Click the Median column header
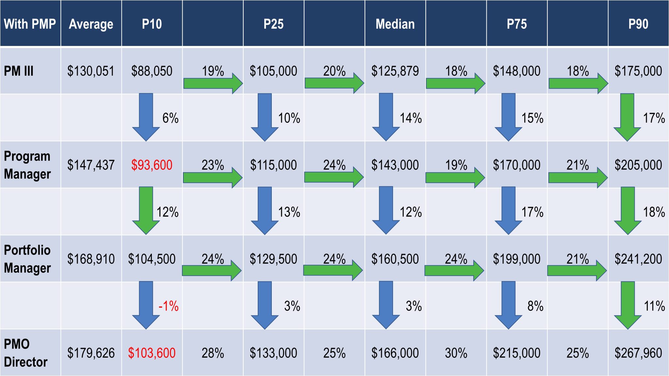pos(395,24)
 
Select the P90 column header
pos(638,24)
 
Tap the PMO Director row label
pos(26,353)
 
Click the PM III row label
pos(19,71)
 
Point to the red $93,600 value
pos(152,165)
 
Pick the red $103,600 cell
pos(152,353)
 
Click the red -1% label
pos(168,306)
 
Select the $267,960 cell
pos(638,353)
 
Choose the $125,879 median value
pos(395,71)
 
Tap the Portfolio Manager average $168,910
pos(91,259)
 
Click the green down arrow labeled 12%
pos(146,209)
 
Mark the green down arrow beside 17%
pos(627,116)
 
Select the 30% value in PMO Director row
pos(456,353)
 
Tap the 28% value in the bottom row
pos(213,353)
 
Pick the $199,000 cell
pos(516,259)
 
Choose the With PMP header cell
pos(30,24)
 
